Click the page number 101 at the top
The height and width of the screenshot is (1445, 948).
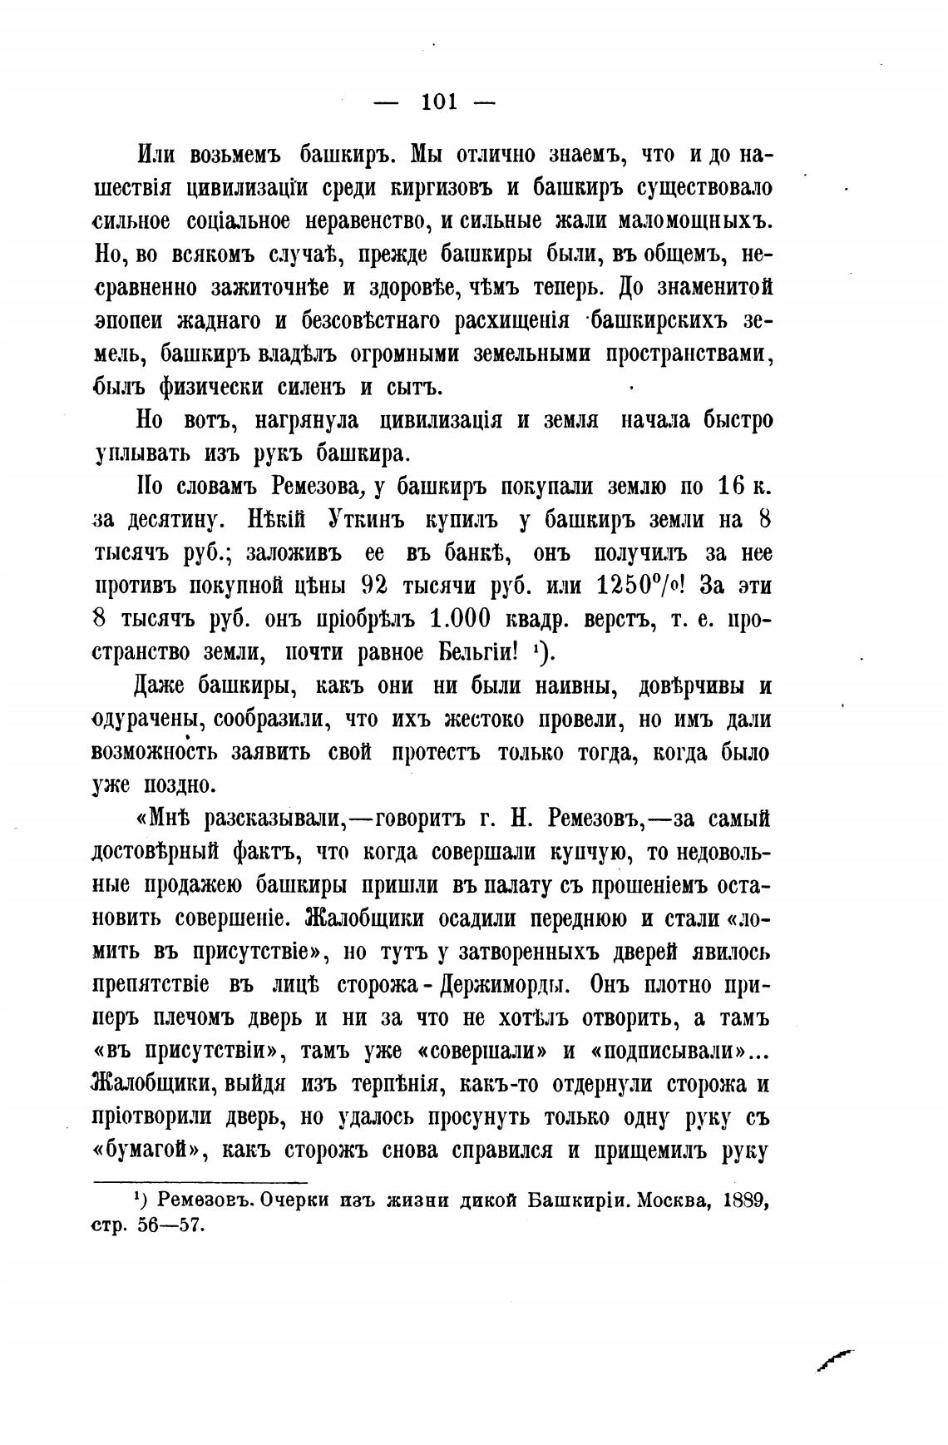click(x=440, y=102)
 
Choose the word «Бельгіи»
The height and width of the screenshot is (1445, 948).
click(x=481, y=652)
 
